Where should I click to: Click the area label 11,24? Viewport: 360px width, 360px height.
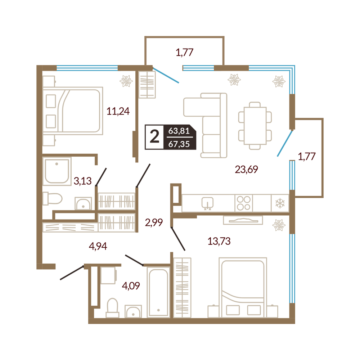point(118,111)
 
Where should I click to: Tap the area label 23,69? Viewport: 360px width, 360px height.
point(246,170)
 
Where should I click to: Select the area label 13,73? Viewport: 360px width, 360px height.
point(219,241)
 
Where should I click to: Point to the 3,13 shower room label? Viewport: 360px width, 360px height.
point(83,181)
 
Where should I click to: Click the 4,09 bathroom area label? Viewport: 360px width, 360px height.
point(131,286)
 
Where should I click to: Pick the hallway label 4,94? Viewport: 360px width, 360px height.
point(98,246)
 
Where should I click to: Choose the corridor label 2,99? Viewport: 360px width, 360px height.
point(154,222)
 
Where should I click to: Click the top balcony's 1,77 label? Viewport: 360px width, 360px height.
point(185,52)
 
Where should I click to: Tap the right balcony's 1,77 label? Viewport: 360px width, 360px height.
point(307,156)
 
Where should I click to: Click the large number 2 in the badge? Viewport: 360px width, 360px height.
point(154,137)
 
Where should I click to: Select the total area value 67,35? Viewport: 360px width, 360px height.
point(179,144)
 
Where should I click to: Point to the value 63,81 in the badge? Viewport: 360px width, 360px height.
point(179,131)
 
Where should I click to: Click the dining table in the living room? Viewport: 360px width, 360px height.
point(255,126)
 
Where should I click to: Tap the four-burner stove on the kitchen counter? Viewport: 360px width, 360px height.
point(244,203)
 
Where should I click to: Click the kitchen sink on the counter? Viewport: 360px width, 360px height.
point(208,203)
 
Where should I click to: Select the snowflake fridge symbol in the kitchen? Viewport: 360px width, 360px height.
point(280,203)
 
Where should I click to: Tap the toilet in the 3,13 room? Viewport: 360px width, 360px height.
point(53,199)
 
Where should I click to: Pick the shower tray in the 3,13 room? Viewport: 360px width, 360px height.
point(57,171)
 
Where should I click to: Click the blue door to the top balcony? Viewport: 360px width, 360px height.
point(166,75)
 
